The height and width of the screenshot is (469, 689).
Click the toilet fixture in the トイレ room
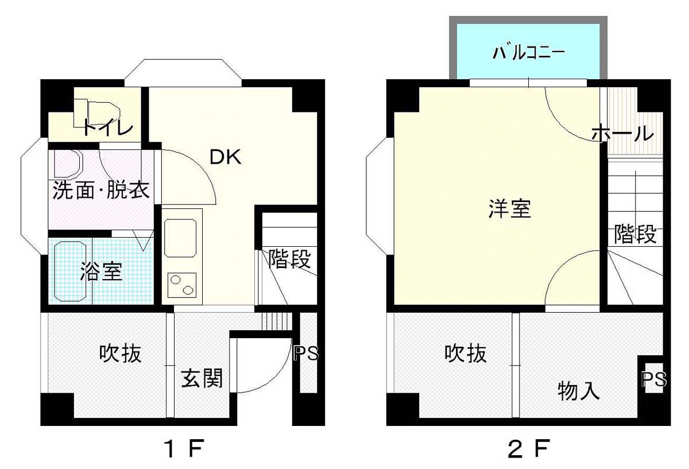(x=96, y=113)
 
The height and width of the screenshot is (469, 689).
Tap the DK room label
(x=225, y=157)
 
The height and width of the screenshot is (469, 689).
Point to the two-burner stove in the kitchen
(x=182, y=285)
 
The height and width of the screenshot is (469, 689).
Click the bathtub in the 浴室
(x=71, y=272)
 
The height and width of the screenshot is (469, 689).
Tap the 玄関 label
(x=201, y=378)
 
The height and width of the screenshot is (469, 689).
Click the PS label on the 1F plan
(x=305, y=354)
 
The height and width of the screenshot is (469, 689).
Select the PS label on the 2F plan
(x=654, y=379)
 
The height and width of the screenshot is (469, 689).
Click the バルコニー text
(x=528, y=53)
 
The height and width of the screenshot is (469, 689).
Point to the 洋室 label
(x=510, y=209)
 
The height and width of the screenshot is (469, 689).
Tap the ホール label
(x=622, y=134)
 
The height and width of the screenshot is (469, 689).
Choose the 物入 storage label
(x=579, y=390)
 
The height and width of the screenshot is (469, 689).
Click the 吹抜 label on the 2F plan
(x=466, y=354)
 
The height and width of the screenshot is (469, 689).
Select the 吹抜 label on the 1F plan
(x=120, y=354)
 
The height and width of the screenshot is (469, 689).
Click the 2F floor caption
(x=528, y=449)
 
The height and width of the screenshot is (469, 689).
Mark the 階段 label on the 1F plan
(x=289, y=259)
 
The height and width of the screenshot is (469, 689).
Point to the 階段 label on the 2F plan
(x=635, y=234)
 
